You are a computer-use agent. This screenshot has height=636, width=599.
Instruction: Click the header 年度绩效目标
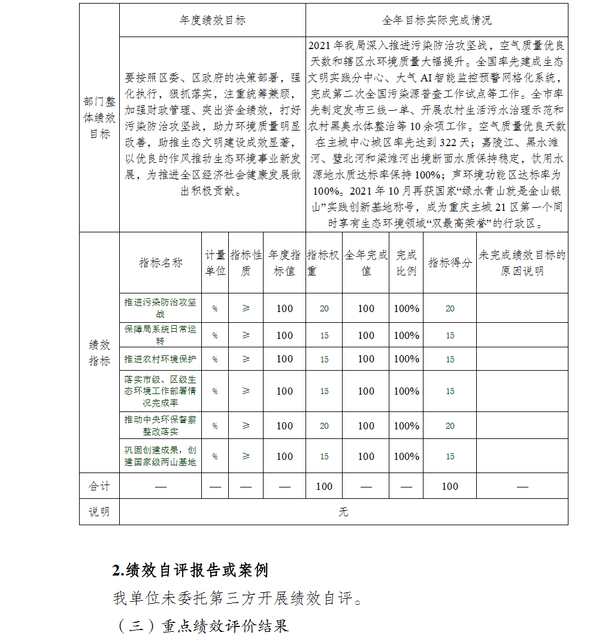click(x=212, y=20)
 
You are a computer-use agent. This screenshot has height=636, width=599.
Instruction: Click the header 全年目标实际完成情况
click(x=437, y=20)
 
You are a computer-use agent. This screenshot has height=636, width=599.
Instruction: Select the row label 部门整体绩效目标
click(x=99, y=118)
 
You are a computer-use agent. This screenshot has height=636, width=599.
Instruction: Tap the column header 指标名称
click(x=161, y=262)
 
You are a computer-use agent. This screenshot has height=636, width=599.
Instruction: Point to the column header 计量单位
click(x=215, y=262)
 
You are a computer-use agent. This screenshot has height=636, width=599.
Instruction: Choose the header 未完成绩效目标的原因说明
click(x=522, y=262)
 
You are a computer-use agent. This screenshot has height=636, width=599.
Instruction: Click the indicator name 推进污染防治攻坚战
click(x=160, y=308)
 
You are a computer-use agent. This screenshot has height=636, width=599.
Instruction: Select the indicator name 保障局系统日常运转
click(x=160, y=335)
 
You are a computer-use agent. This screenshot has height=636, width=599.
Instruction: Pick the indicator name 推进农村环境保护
click(x=160, y=359)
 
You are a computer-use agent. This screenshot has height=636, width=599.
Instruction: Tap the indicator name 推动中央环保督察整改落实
click(x=160, y=425)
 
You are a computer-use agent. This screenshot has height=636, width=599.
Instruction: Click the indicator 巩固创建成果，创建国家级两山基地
click(x=160, y=456)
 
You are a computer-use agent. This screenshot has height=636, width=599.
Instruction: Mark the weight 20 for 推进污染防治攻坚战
click(x=324, y=308)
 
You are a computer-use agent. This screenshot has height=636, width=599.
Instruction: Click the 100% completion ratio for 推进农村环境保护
click(x=406, y=359)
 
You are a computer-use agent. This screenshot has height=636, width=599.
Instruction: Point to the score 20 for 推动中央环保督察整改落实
click(x=450, y=426)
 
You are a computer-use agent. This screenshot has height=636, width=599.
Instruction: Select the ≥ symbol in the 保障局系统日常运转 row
click(x=246, y=335)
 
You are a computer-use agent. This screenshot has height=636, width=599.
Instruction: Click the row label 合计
click(x=99, y=486)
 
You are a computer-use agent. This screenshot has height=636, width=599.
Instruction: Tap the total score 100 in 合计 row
click(x=450, y=486)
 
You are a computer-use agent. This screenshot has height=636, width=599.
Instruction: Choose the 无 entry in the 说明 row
click(x=343, y=512)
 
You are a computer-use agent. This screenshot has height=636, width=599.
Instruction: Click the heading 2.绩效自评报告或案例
click(x=190, y=570)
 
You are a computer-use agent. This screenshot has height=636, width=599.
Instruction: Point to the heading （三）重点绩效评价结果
click(x=201, y=626)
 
